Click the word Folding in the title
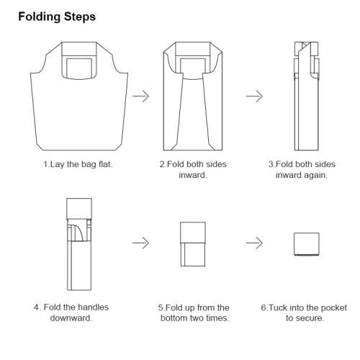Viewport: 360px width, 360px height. tap(40, 17)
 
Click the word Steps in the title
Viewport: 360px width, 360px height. tap(80, 17)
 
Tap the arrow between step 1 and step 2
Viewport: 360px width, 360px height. tap(140, 96)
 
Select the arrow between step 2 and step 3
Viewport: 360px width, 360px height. tap(254, 96)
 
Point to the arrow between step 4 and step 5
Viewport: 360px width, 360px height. tap(140, 243)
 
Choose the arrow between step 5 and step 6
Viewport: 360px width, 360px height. tap(254, 243)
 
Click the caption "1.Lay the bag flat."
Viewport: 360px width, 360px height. tap(78, 165)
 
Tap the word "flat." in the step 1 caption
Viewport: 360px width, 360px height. tap(105, 164)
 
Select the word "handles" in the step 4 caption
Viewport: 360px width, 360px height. tap(93, 307)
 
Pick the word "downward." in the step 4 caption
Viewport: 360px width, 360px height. tap(71, 318)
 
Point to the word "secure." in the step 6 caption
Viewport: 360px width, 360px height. tap(311, 318)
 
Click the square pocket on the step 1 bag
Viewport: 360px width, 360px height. tap(79, 68)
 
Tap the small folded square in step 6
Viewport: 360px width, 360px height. tap(307, 244)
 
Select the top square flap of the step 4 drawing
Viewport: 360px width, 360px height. tap(79, 209)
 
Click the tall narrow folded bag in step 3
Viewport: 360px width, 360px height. tap(307, 96)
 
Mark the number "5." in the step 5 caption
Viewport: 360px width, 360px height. tap(161, 307)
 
